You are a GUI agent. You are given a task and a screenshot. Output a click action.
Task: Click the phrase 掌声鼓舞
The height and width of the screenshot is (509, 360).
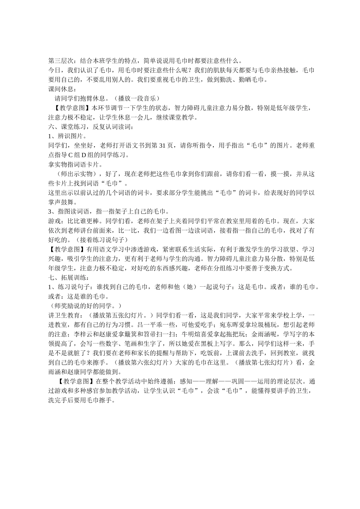click(62, 202)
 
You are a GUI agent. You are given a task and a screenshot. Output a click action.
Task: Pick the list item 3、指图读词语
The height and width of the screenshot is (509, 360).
click(72, 212)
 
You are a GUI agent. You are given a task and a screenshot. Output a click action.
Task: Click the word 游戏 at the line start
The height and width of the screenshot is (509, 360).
click(55, 221)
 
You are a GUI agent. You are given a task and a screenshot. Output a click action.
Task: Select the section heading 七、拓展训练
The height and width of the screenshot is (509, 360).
click(65, 278)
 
